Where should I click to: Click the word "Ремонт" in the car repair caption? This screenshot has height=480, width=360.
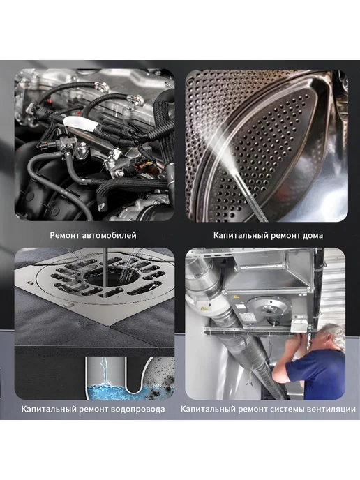click(65, 235)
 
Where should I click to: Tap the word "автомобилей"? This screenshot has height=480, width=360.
click(110, 235)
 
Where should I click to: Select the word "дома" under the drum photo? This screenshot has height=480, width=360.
click(313, 235)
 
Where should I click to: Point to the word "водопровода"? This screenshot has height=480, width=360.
click(138, 409)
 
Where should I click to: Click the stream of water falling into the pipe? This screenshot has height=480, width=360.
click(105, 371)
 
